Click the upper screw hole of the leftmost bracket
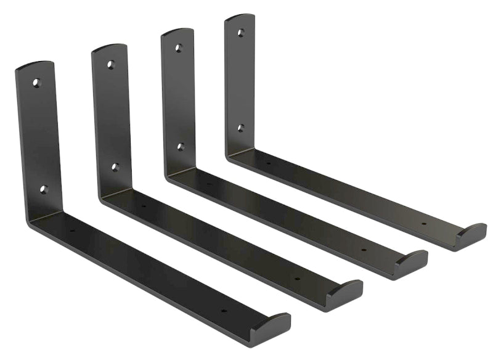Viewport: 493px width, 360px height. coord(36,82)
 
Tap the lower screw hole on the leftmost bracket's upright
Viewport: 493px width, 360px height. coord(43,189)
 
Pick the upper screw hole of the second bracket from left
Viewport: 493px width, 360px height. coord(110,64)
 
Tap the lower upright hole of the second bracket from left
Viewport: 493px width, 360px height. coord(115,166)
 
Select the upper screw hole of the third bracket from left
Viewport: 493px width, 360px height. coord(178,47)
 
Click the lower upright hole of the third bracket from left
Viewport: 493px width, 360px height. coord(181,147)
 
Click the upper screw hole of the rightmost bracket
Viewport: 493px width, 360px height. coord(240,32)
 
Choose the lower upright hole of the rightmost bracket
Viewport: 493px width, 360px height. coord(241,128)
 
